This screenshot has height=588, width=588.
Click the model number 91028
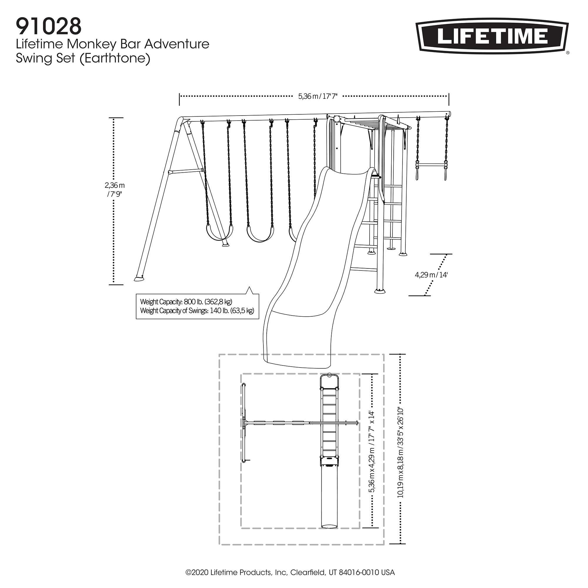pyautogui.click(x=49, y=26)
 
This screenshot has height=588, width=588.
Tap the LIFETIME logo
pyautogui.click(x=492, y=36)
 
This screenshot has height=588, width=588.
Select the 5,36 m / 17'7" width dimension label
pyautogui.click(x=318, y=96)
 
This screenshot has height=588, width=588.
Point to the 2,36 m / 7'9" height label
pyautogui.click(x=114, y=189)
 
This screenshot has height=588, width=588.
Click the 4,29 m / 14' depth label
pyautogui.click(x=431, y=275)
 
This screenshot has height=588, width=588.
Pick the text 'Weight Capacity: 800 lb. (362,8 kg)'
pyautogui.click(x=186, y=302)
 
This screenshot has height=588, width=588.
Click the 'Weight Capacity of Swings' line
pyautogui.click(x=197, y=311)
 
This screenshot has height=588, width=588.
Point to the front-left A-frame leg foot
pyautogui.click(x=139, y=278)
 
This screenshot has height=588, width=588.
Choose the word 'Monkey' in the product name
pyautogui.click(x=92, y=44)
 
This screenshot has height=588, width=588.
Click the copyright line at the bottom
pyautogui.click(x=290, y=572)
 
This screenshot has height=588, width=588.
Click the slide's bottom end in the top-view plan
pyautogui.click(x=329, y=526)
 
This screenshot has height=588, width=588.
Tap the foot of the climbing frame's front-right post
pyautogui.click(x=379, y=291)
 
